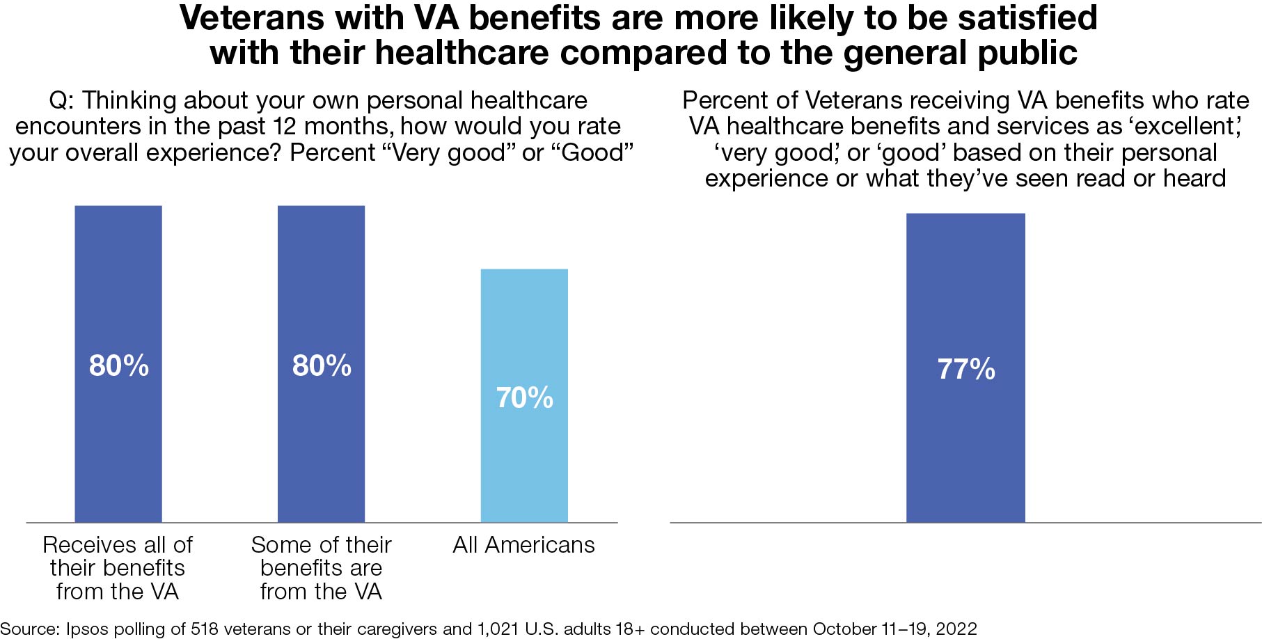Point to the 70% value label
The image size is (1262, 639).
click(524, 398)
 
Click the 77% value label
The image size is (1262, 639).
click(965, 370)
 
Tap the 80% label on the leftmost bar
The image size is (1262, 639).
click(118, 366)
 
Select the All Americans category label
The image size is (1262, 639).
click(523, 545)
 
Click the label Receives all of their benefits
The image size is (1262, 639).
click(118, 567)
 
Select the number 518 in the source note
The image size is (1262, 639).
click(205, 629)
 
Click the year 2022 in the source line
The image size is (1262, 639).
click(956, 629)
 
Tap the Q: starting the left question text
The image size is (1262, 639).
click(61, 101)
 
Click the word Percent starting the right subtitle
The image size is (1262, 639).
click(725, 101)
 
